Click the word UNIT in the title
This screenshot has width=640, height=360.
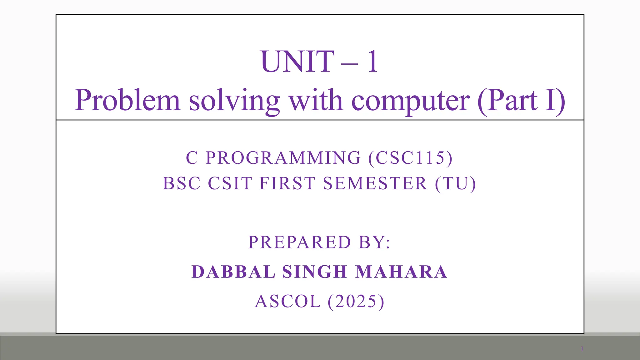click(297, 62)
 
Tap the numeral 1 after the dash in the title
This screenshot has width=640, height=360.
click(372, 62)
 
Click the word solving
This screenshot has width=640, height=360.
click(234, 101)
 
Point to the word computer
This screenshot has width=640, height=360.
click(410, 101)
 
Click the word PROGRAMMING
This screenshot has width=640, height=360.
click(283, 157)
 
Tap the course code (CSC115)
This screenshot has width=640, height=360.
click(410, 157)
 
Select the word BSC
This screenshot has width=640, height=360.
click(182, 183)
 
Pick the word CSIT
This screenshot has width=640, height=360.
click(230, 183)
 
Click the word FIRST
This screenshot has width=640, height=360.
click(287, 183)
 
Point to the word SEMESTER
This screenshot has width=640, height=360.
click(375, 183)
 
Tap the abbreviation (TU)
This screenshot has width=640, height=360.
click(455, 183)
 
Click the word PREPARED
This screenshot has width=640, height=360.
click(300, 242)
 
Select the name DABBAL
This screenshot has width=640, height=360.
click(233, 272)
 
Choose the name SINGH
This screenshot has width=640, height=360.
click(315, 272)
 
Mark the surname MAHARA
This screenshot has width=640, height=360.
click(402, 272)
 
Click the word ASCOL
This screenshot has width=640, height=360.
click(288, 301)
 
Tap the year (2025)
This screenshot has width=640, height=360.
click(356, 301)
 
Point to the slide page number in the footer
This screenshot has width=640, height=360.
click(582, 349)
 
